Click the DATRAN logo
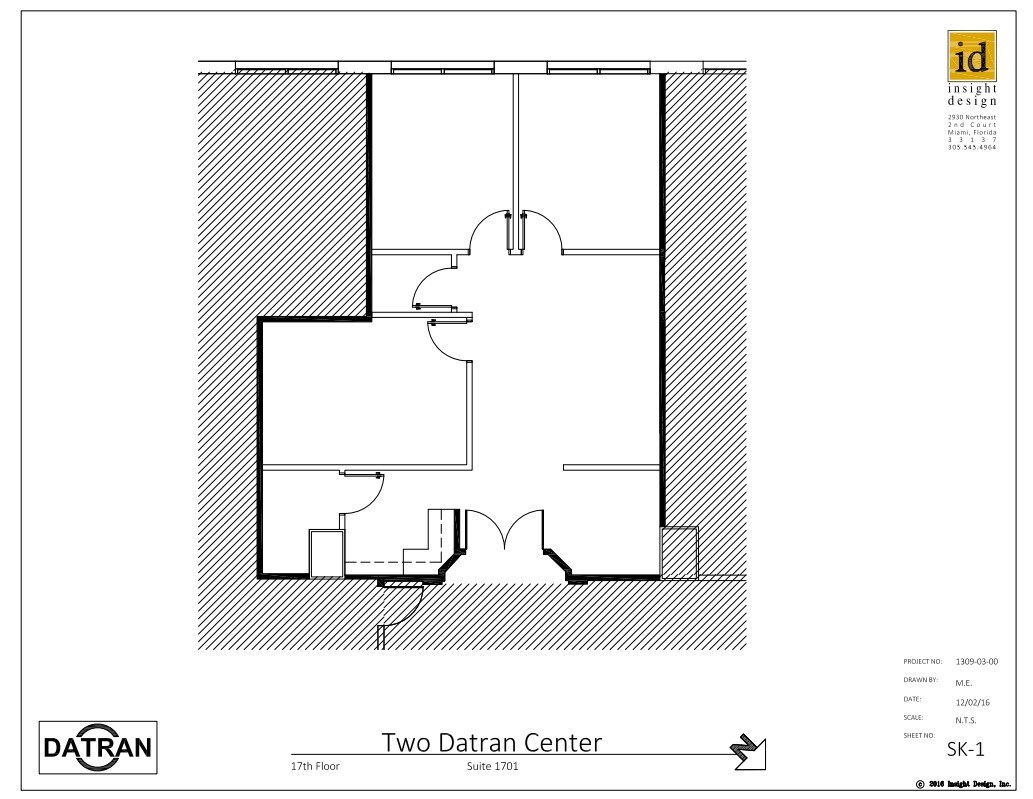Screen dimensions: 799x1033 [x=97, y=748]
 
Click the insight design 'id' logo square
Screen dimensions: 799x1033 [x=972, y=57]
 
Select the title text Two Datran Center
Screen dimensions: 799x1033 [x=492, y=743]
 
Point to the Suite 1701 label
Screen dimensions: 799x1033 [x=492, y=768]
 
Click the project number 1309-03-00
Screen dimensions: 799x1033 [x=976, y=661]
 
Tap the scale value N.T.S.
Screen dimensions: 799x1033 [x=965, y=719]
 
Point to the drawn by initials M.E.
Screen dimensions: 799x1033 [x=964, y=681]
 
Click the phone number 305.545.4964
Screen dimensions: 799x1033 [x=972, y=147]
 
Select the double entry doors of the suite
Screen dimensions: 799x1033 [x=506, y=530]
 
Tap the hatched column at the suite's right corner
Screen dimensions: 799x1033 [x=679, y=552]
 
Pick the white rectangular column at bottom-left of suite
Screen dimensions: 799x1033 [x=326, y=553]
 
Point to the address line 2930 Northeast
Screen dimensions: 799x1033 [x=972, y=116]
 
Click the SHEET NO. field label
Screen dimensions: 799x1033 [x=920, y=735]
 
